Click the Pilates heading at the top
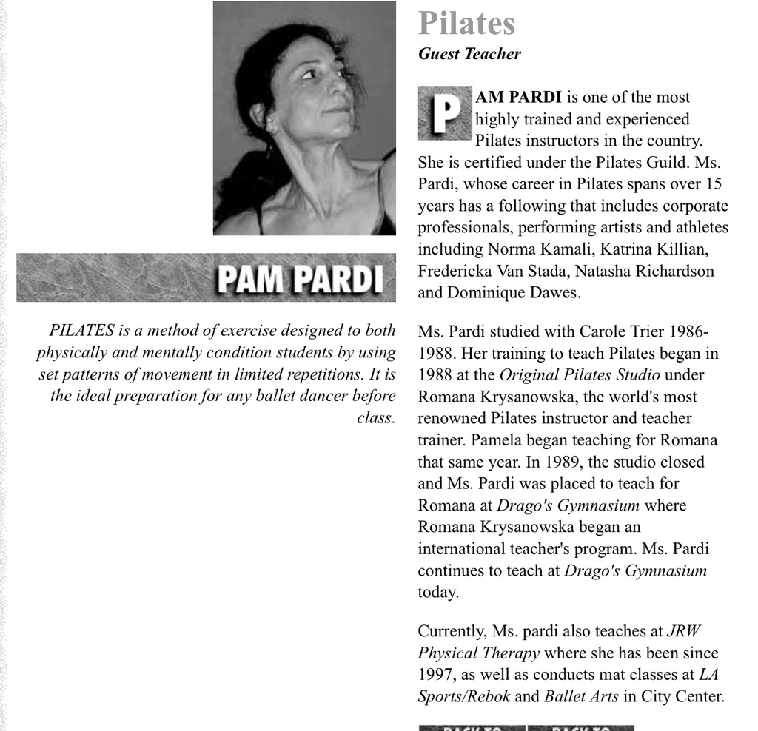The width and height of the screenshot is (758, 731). [466, 23]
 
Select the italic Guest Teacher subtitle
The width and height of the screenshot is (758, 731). [469, 54]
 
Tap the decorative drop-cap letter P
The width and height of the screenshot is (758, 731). [444, 113]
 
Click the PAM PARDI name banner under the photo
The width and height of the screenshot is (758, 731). [301, 279]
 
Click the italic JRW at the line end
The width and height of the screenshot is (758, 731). [683, 632]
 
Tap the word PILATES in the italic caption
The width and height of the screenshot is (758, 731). [81, 331]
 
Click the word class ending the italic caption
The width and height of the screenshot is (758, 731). [375, 418]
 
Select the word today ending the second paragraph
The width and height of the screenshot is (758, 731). [438, 593]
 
